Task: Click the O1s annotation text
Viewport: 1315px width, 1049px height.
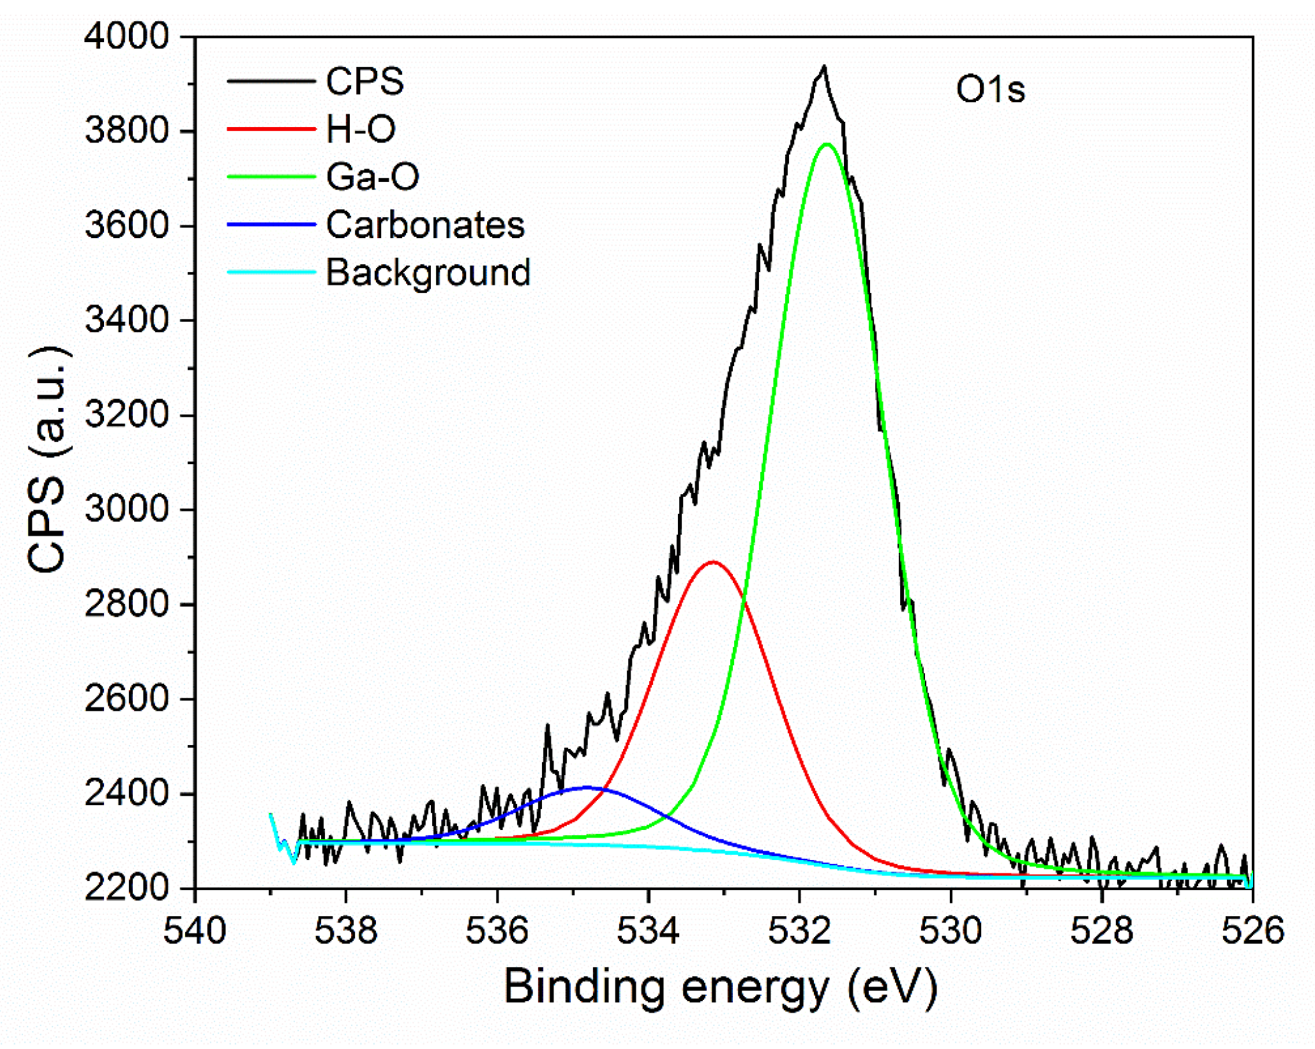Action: coord(990,89)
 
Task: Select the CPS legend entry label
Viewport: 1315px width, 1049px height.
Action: coord(364,82)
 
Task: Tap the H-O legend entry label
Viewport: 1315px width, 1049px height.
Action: coord(361,129)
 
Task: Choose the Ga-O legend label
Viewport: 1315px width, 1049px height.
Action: coord(372,177)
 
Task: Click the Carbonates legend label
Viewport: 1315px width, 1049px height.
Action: coord(425,225)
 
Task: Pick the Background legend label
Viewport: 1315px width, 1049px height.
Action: coord(428,273)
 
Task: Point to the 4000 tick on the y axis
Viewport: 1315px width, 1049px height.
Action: coord(126,36)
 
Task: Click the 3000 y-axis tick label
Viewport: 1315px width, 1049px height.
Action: coord(126,509)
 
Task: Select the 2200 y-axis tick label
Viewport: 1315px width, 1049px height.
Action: coord(126,888)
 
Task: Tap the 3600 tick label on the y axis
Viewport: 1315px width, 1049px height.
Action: coord(126,225)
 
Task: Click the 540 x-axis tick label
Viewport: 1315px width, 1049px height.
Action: coord(195,930)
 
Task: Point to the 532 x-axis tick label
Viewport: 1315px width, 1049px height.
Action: coord(799,930)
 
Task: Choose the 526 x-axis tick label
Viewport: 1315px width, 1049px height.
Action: coord(1252,930)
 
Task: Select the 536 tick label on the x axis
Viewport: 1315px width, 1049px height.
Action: coord(497,930)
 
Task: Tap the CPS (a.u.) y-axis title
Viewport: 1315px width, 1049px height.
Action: coord(48,460)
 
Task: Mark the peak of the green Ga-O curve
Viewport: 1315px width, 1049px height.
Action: coord(827,144)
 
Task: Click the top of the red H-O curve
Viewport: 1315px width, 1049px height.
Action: coord(713,562)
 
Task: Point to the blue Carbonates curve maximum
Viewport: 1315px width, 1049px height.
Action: coord(587,787)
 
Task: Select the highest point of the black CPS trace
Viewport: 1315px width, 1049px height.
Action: coord(824,66)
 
